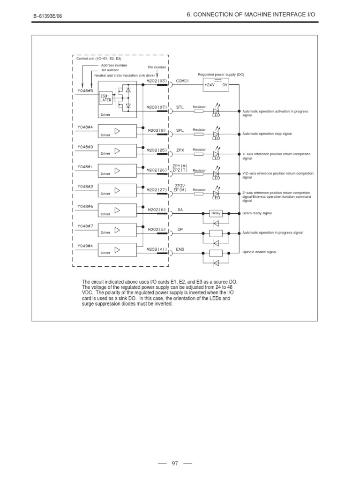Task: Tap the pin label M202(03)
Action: click(157, 81)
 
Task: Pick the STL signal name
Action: click(180, 107)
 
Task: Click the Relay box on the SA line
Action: click(216, 213)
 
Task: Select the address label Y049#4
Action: click(85, 246)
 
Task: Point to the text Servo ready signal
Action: click(257, 213)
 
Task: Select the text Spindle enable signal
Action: click(259, 252)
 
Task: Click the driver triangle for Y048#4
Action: click(117, 131)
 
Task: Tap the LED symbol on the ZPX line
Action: click(216, 154)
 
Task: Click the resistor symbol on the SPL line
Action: click(199, 134)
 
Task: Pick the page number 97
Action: click(175, 464)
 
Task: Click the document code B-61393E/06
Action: click(47, 16)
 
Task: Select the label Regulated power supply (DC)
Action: click(221, 75)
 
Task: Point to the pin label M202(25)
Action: click(157, 150)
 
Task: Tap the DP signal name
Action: click(180, 230)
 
